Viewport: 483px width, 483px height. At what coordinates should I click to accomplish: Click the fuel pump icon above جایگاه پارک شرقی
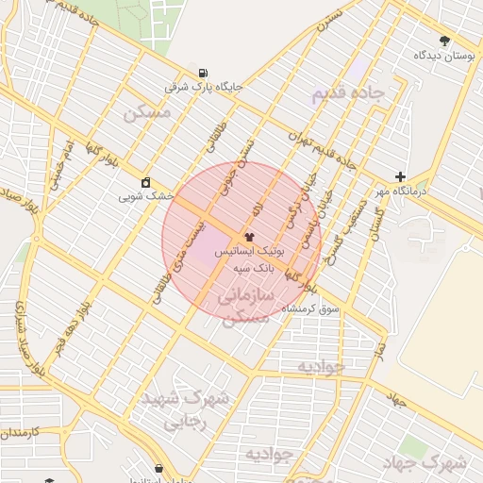(203, 73)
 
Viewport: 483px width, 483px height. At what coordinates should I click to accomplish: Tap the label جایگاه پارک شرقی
(204, 87)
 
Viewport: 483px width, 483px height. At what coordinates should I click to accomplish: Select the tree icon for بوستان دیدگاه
(444, 41)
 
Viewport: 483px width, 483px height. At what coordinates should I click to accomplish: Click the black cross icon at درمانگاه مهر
(401, 176)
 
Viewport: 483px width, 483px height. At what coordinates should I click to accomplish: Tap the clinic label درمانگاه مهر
(399, 191)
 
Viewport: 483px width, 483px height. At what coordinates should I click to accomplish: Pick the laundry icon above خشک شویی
(145, 182)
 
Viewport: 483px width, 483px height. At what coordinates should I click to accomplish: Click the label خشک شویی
(146, 197)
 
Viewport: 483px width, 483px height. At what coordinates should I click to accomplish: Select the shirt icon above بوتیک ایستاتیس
(249, 237)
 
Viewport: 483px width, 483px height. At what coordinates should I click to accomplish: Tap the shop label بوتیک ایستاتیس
(249, 253)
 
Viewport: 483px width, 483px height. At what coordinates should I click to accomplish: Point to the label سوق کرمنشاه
(316, 308)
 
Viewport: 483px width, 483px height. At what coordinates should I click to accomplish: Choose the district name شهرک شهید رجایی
(185, 410)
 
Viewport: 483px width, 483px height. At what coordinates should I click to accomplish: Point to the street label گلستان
(372, 225)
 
